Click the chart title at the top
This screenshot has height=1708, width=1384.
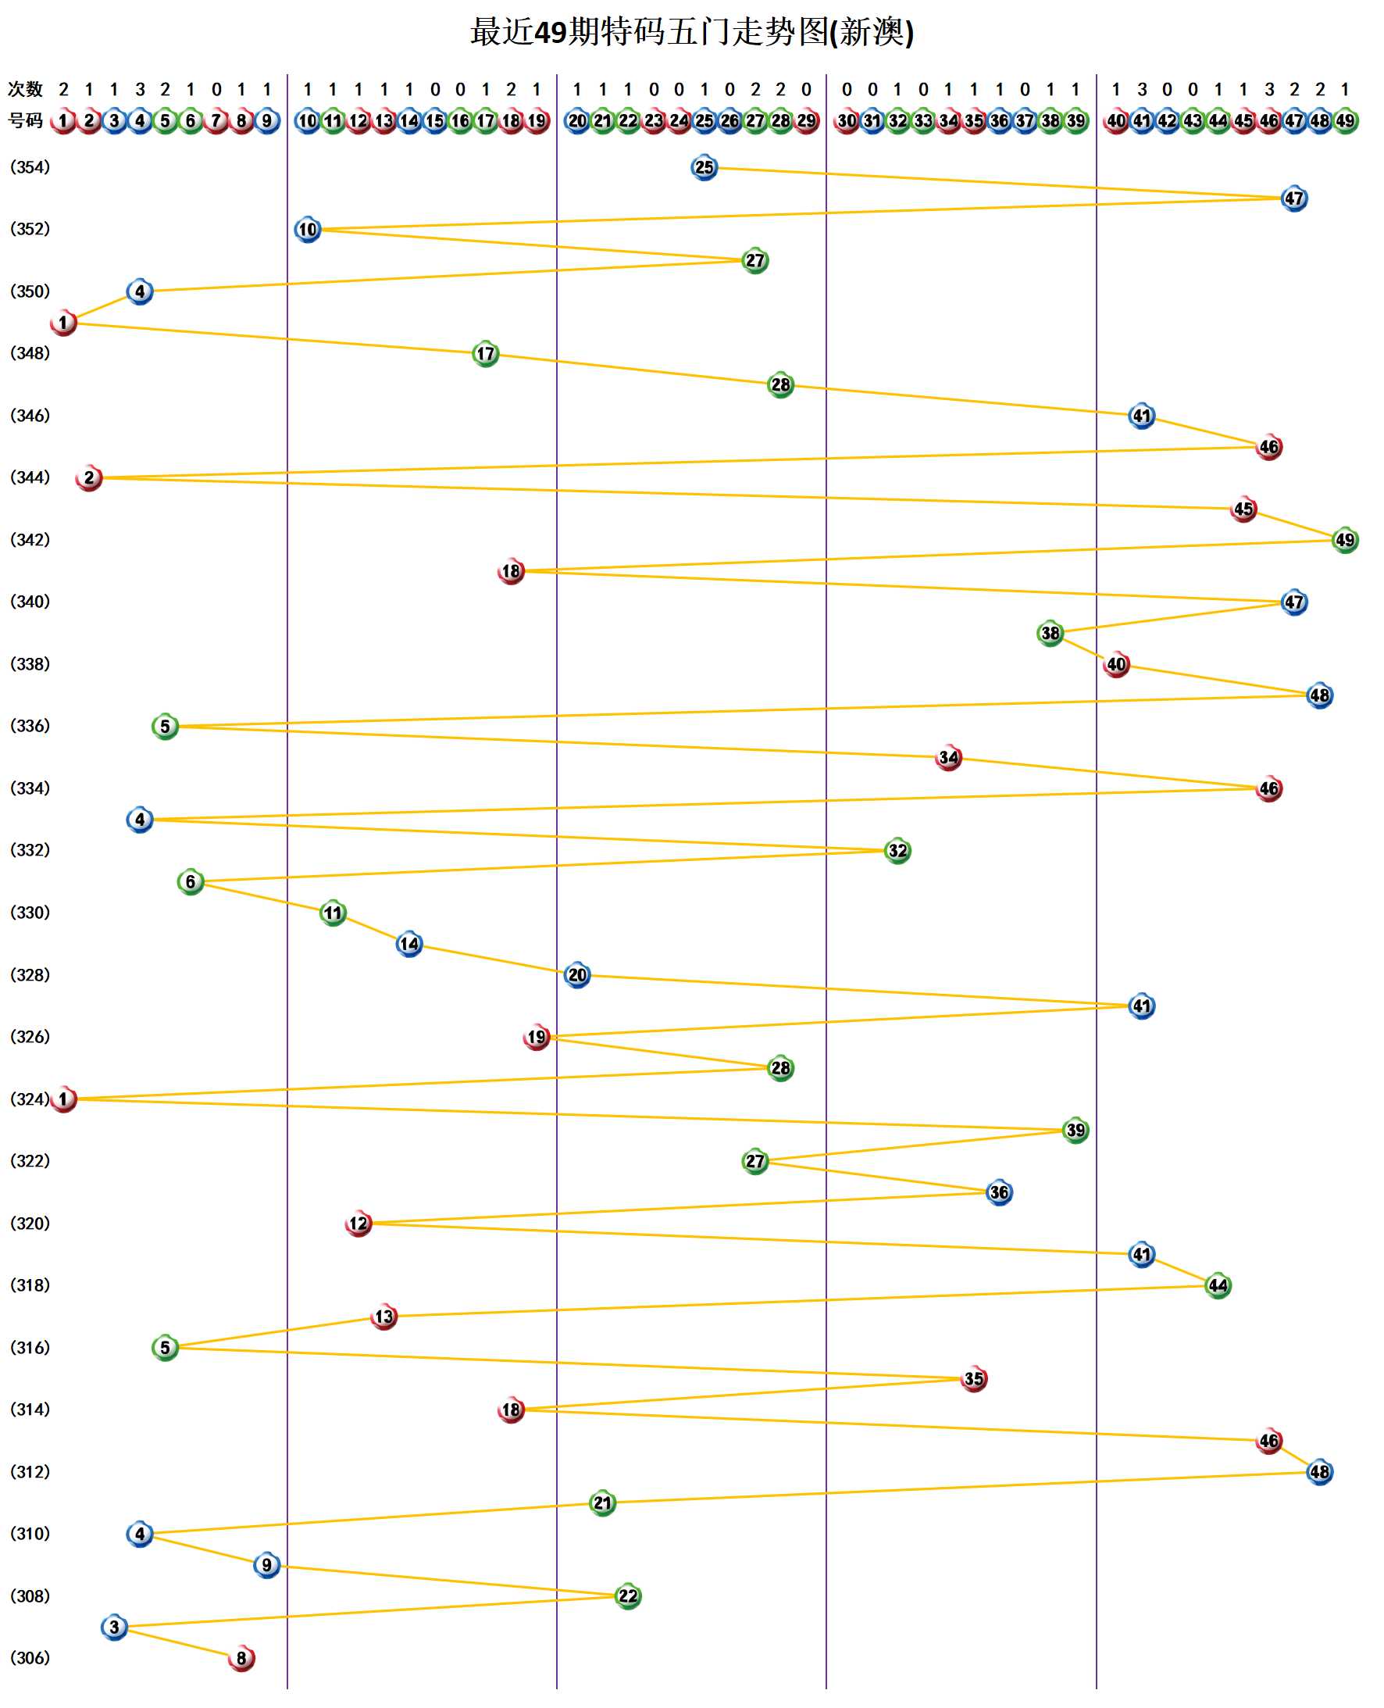[691, 33]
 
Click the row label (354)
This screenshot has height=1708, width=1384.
[30, 167]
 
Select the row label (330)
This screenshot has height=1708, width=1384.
[30, 912]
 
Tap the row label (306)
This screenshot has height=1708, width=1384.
[30, 1657]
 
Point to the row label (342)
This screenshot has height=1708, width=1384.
[30, 540]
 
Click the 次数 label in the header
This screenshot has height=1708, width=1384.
[25, 89]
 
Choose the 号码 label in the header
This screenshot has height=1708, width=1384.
[25, 120]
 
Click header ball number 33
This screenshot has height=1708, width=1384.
[923, 121]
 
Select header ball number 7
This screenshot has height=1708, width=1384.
[216, 121]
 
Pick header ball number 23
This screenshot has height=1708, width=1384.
[654, 121]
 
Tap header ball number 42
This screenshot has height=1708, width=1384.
[1167, 121]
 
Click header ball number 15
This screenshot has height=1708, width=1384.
[434, 121]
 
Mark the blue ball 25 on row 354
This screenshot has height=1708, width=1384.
[704, 167]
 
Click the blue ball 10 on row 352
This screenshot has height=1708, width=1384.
[308, 230]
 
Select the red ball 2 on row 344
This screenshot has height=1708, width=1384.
[88, 477]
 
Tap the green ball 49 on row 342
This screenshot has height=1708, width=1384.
[1345, 540]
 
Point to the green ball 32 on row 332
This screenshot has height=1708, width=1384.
[897, 850]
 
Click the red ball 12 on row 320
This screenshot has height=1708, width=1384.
[358, 1224]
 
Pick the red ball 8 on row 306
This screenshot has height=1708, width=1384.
[241, 1658]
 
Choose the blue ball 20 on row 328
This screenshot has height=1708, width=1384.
[577, 974]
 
